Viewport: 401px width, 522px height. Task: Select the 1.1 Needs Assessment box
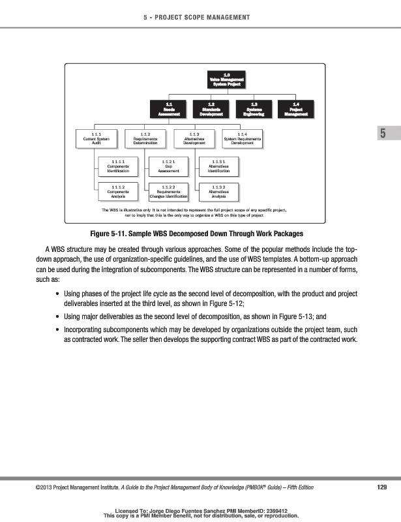pos(169,108)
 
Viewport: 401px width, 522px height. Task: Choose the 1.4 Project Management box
pos(296,108)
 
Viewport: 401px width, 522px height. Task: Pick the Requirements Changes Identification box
pos(168,191)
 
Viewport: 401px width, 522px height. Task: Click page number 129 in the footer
pos(383,487)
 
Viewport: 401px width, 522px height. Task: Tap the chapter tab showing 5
pos(383,152)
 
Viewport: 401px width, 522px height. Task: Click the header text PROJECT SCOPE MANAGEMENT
pos(207,16)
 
